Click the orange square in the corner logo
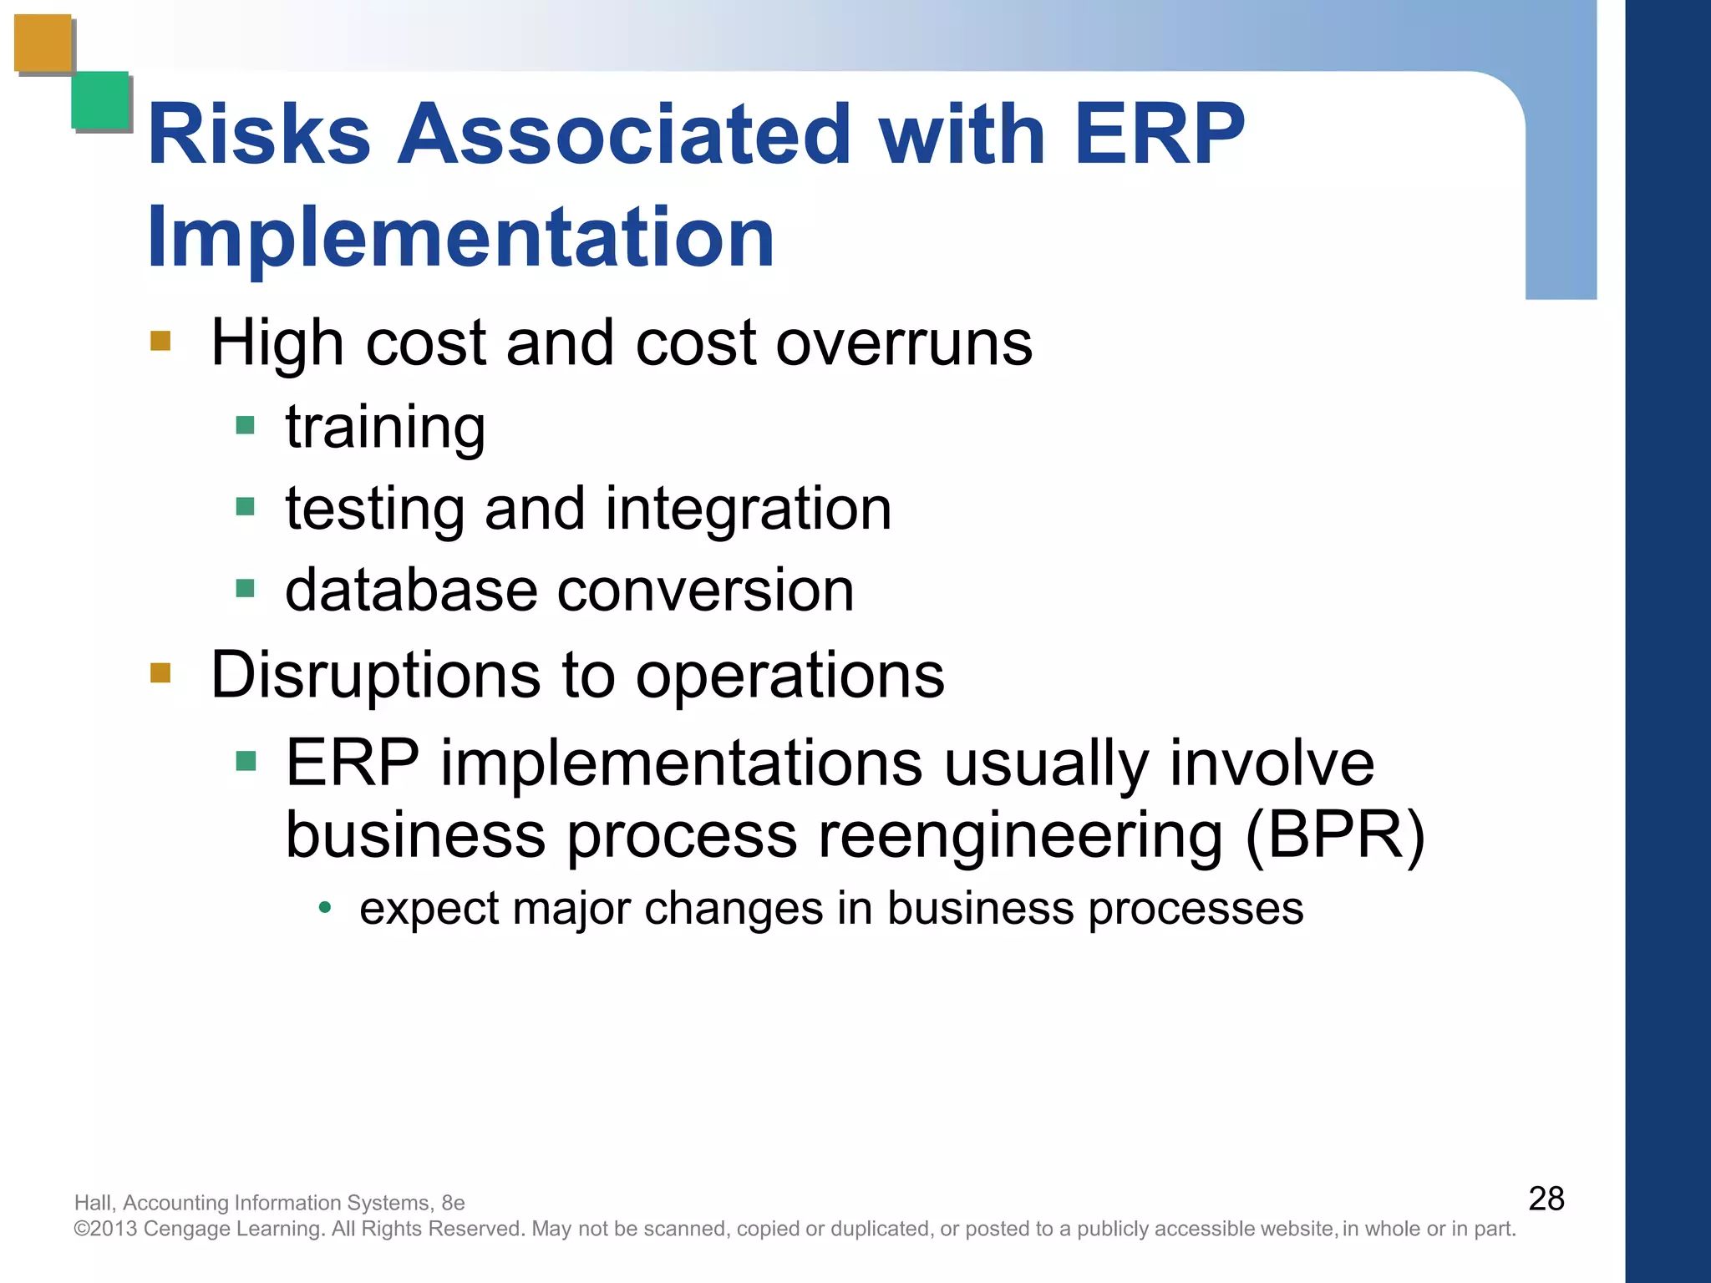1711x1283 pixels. (43, 43)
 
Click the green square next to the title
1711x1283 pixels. (100, 100)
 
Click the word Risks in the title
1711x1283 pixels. (259, 134)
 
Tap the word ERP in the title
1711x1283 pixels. (1159, 134)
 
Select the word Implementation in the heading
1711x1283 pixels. (460, 239)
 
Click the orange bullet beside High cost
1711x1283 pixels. (160, 341)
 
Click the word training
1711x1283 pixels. (385, 428)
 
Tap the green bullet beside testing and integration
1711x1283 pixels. (245, 507)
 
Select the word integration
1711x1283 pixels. (748, 509)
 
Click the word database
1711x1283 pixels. (410, 591)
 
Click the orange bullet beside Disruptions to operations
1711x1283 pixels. (160, 673)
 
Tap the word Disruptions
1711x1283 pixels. (375, 675)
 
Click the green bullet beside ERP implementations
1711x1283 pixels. (246, 761)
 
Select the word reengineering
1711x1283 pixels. (1020, 835)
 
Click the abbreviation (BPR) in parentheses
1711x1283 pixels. (1334, 835)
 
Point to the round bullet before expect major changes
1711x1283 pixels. (326, 908)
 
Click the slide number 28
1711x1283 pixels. (1546, 1199)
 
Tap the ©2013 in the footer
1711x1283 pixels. (106, 1229)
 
